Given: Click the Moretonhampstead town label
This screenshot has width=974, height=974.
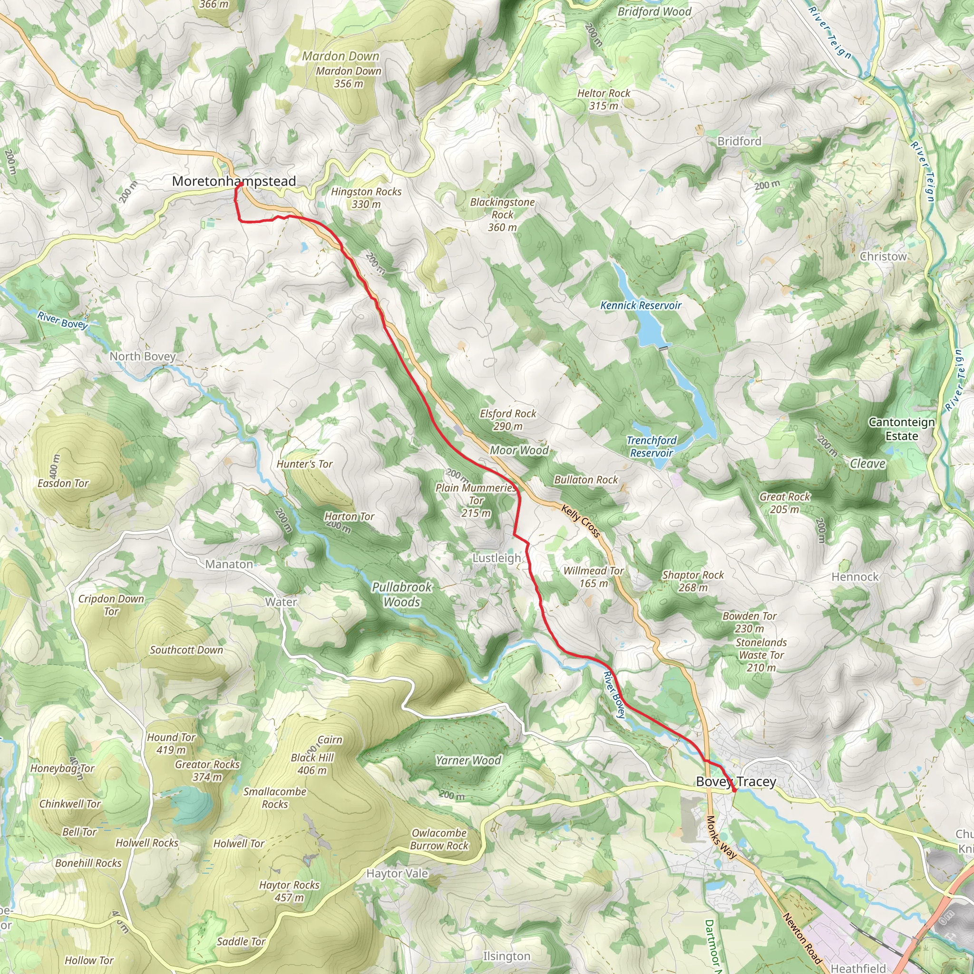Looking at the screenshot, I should (x=234, y=181).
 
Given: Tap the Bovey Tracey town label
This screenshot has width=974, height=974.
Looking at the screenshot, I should (x=736, y=781).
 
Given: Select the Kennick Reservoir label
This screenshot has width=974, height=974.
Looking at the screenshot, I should (x=641, y=305).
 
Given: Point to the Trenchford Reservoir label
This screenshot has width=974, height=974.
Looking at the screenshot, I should (x=652, y=447).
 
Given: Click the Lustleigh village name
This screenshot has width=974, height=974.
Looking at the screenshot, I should (x=497, y=558).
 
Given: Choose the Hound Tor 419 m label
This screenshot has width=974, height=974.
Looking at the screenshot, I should (x=171, y=744).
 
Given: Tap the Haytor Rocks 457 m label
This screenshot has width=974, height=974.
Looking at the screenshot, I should (x=289, y=891).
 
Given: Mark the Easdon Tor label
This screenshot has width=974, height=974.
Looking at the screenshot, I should (x=63, y=484).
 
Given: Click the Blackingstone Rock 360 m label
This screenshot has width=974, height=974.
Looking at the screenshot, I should (x=502, y=215).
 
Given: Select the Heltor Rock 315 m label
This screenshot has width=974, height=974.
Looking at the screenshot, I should (x=604, y=99).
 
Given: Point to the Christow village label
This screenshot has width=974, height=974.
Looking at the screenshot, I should (x=883, y=257).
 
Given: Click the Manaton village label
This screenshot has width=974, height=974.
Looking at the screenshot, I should (x=229, y=565).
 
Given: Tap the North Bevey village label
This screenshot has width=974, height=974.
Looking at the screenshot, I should (x=143, y=356).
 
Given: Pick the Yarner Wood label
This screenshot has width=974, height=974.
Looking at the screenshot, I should (x=468, y=761).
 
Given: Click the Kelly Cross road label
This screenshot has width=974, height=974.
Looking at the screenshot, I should (x=581, y=521).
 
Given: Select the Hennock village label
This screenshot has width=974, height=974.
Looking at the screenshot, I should (x=855, y=577).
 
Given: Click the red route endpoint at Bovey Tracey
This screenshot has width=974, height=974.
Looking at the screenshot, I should (x=734, y=790).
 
